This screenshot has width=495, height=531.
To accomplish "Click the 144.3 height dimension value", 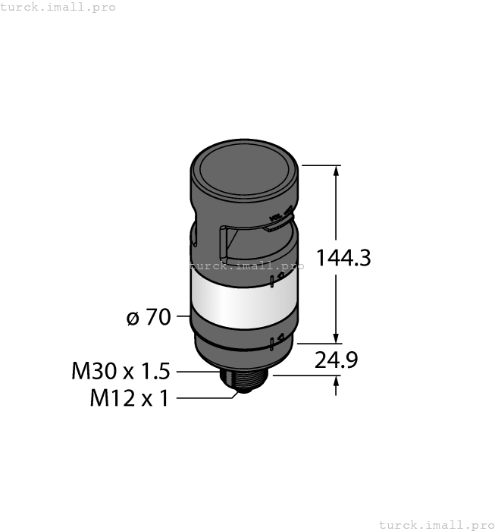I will [343, 258].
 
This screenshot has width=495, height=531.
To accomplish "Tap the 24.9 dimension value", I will [337, 360].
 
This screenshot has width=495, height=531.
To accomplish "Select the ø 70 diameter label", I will [149, 317].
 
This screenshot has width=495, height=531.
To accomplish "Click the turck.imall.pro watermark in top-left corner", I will [58, 7].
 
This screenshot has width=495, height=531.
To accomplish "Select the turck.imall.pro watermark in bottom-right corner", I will [435, 524].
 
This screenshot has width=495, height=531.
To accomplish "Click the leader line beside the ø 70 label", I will [183, 317].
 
